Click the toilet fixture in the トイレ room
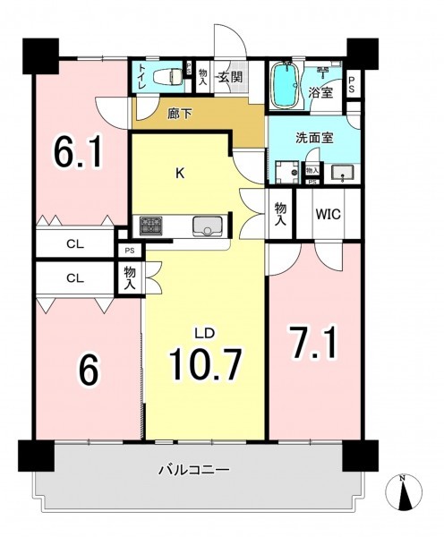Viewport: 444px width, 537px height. click(x=167, y=76)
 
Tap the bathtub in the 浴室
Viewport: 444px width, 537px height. click(x=286, y=85)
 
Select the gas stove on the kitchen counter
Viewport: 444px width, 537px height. click(x=150, y=226)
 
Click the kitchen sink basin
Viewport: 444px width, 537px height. click(x=207, y=226)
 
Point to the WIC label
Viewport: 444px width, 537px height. click(x=329, y=214)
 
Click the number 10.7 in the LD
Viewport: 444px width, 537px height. click(x=206, y=364)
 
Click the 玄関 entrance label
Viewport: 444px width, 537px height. click(x=231, y=77)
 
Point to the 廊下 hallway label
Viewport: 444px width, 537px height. click(x=180, y=114)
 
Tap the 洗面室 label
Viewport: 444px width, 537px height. click(x=314, y=138)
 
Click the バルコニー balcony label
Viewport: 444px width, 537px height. click(x=193, y=470)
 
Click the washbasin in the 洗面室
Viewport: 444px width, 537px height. click(x=342, y=174)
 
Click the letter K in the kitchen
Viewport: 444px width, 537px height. click(x=180, y=174)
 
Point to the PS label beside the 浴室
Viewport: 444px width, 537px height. click(x=352, y=84)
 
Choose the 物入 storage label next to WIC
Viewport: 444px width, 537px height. click(x=280, y=214)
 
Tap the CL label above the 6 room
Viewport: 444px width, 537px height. click(x=75, y=278)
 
